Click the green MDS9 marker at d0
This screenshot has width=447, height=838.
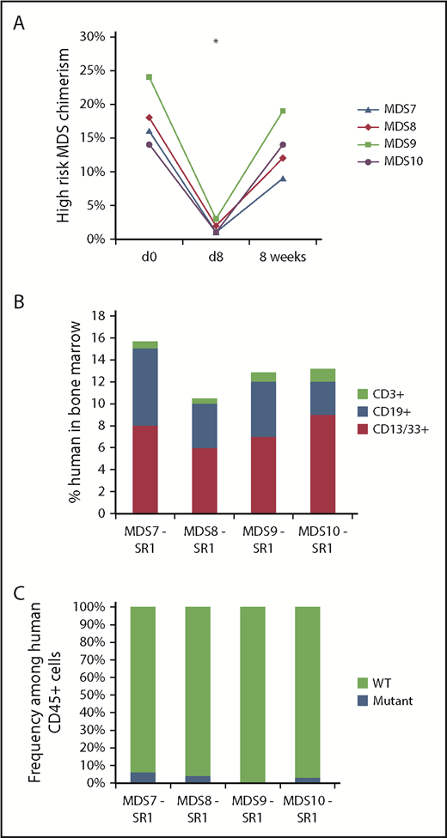click(x=150, y=77)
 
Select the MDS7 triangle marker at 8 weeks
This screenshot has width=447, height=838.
click(x=282, y=179)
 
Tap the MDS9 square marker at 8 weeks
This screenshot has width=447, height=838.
click(x=282, y=111)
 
